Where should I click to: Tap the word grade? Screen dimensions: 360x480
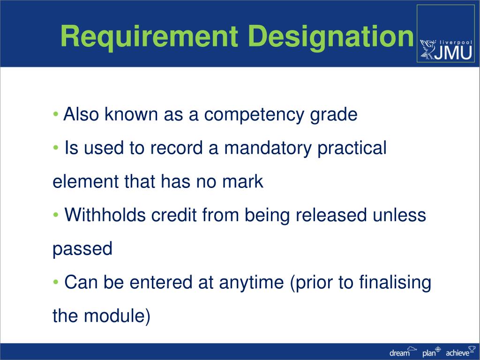click(333, 114)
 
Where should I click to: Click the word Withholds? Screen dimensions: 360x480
click(105, 215)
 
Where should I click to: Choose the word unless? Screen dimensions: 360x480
click(399, 215)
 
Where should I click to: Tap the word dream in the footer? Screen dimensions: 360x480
click(399, 353)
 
